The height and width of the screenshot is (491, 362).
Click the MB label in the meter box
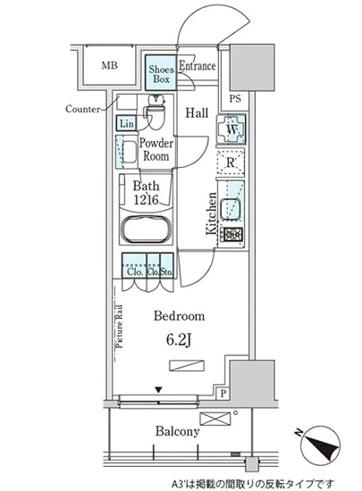(x=109, y=65)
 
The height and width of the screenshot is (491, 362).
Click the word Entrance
(x=198, y=66)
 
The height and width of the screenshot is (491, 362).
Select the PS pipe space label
(x=235, y=99)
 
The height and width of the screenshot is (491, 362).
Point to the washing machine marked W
(x=232, y=129)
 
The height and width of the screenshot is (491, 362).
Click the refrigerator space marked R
(x=231, y=162)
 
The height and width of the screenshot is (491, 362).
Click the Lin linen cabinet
(x=126, y=123)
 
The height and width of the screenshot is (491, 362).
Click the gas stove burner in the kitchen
(x=233, y=235)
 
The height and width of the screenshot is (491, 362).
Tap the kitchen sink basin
(x=231, y=209)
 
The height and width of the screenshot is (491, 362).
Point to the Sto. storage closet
(x=167, y=265)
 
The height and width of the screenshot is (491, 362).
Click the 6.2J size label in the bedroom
(x=179, y=340)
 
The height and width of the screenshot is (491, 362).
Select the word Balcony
(x=178, y=432)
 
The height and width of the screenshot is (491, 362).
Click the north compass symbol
(x=320, y=445)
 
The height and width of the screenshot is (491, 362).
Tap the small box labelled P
(x=223, y=394)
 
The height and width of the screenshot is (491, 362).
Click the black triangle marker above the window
(x=158, y=390)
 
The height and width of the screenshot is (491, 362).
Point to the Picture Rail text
(x=120, y=327)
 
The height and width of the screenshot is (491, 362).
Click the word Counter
(x=83, y=109)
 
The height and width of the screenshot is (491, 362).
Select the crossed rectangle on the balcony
(x=215, y=419)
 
